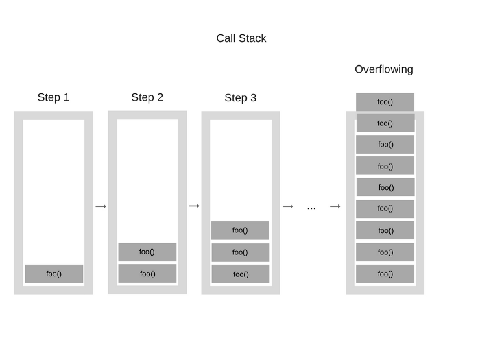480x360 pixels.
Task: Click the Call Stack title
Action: pyautogui.click(x=241, y=38)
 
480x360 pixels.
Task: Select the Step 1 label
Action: pyautogui.click(x=53, y=97)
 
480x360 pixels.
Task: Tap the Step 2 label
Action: pyautogui.click(x=147, y=97)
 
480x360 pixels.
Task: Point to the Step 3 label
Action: pyautogui.click(x=240, y=98)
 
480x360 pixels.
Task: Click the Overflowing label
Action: pyautogui.click(x=383, y=69)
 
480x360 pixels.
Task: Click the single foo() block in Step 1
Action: pyautogui.click(x=54, y=274)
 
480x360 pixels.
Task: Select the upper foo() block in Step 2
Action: pyautogui.click(x=147, y=252)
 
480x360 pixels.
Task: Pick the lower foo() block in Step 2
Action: pyautogui.click(x=147, y=274)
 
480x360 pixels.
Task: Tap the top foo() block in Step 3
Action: pyautogui.click(x=240, y=230)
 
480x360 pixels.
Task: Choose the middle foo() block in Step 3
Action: pyautogui.click(x=240, y=252)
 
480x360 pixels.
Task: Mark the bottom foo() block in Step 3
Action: pyautogui.click(x=240, y=274)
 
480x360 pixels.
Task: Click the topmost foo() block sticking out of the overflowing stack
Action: pyautogui.click(x=385, y=102)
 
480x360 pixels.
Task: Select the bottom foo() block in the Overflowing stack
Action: pyautogui.click(x=385, y=274)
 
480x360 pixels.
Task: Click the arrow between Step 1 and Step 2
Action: pyautogui.click(x=101, y=206)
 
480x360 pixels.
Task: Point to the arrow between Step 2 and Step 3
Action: pyautogui.click(x=194, y=206)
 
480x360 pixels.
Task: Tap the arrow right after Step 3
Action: pyautogui.click(x=287, y=206)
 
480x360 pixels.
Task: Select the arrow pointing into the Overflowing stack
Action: pyautogui.click(x=335, y=206)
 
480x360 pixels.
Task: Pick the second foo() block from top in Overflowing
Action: pyautogui.click(x=385, y=123)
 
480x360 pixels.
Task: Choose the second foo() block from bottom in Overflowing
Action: pyautogui.click(x=385, y=252)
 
